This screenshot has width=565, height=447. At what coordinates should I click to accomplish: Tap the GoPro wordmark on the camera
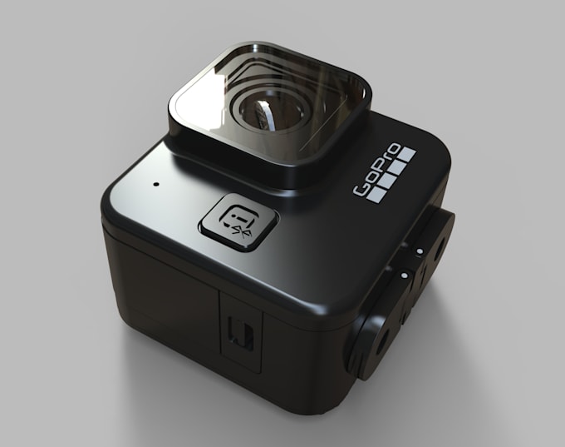click(382, 171)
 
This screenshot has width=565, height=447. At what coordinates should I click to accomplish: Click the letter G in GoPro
click(363, 190)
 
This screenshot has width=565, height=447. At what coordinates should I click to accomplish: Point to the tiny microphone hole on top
click(155, 179)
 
